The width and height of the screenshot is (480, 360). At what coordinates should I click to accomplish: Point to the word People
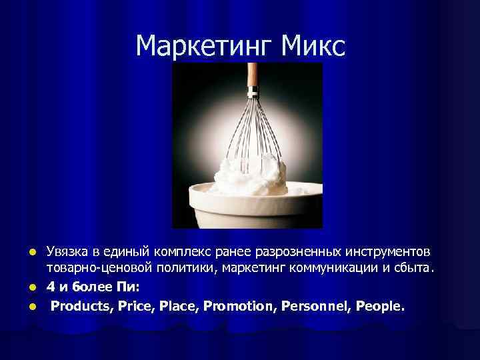click(x=379, y=306)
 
